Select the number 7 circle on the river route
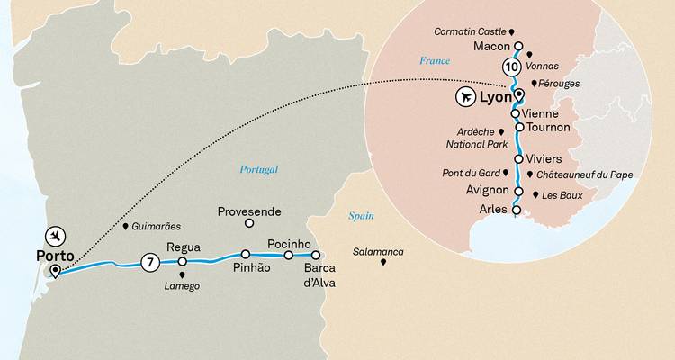coord(149,263)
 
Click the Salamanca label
coord(378,251)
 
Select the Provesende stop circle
coord(250,226)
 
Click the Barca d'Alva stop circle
coord(316,255)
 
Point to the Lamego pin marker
coord(183,275)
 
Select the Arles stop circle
coord(516,210)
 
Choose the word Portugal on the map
coord(259,169)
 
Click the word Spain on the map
coord(361,216)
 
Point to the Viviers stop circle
coord(517,158)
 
